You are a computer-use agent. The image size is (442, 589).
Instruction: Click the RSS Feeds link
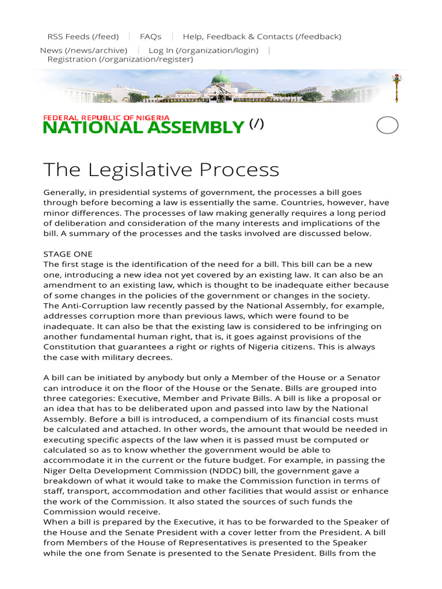pyautogui.click(x=83, y=36)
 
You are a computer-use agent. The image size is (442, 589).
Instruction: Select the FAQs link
pyautogui.click(x=150, y=36)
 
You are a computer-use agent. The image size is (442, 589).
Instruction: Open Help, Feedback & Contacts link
pyautogui.click(x=262, y=36)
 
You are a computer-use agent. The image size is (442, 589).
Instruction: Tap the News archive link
pyautogui.click(x=83, y=50)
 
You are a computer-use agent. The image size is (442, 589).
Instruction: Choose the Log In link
pyautogui.click(x=203, y=50)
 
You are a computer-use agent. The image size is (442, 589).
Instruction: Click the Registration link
pyautogui.click(x=120, y=59)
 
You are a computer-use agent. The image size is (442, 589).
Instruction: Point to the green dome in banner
pyautogui.click(x=220, y=79)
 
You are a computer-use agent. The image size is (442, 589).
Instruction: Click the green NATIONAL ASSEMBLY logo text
pyautogui.click(x=144, y=128)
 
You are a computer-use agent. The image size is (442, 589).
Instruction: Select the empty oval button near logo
pyautogui.click(x=387, y=125)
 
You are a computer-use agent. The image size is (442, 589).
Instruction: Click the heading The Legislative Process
pyautogui.click(x=161, y=170)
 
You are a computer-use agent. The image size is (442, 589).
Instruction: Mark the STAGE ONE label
pyautogui.click(x=68, y=254)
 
